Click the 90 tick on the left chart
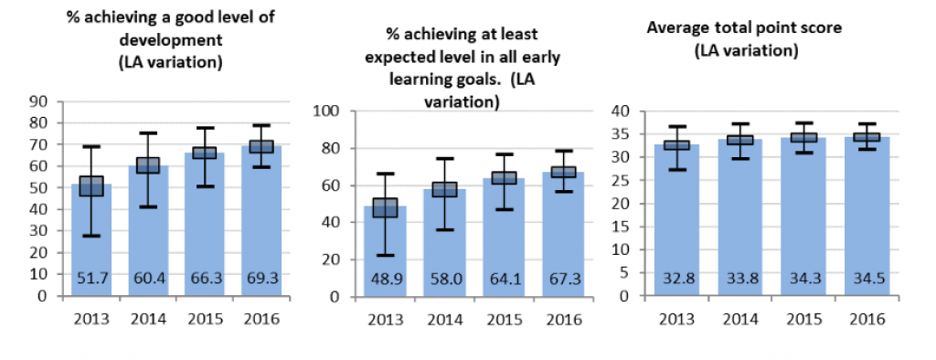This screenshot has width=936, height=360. tap(37, 101)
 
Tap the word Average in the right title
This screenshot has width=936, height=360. tap(675, 28)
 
